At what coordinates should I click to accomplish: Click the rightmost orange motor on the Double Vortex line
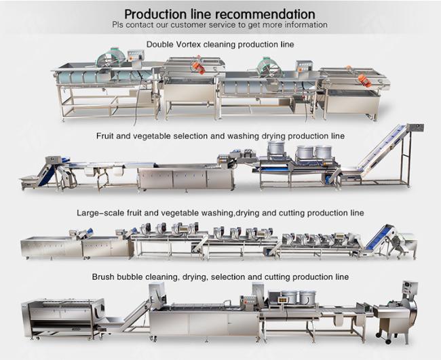pos(365,79)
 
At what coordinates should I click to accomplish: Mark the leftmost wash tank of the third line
pos(52,247)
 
